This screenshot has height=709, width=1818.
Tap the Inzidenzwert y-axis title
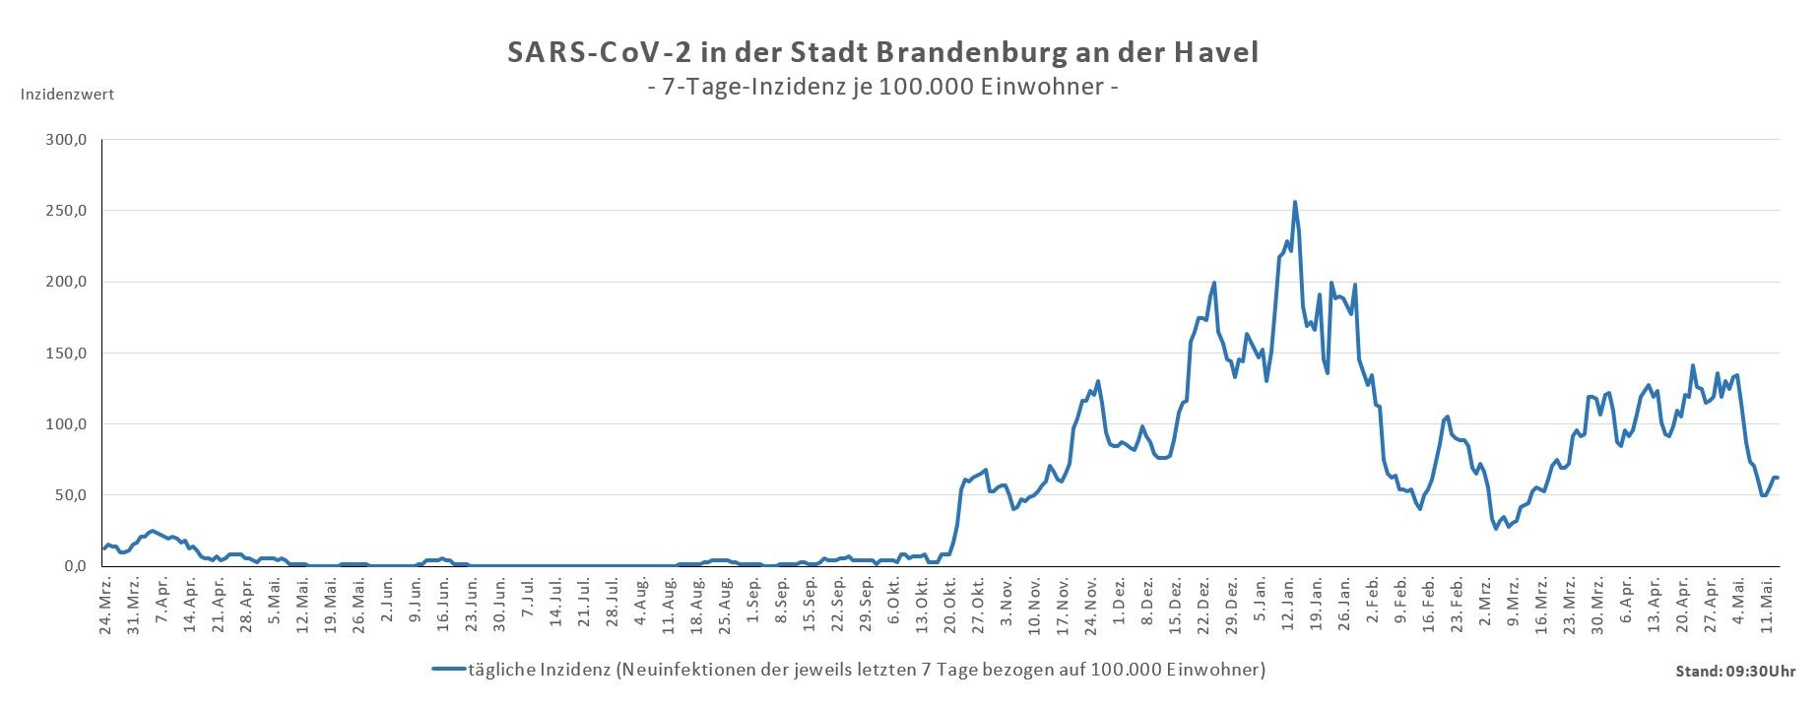(x=67, y=95)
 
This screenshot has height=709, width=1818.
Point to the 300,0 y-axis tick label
(x=67, y=140)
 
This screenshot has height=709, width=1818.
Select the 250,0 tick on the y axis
(x=67, y=211)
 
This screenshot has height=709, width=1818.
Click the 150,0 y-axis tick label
(x=67, y=353)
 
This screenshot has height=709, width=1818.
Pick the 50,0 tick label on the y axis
(x=70, y=494)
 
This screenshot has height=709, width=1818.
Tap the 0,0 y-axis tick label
(x=74, y=566)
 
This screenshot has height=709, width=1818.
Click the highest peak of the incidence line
(x=1294, y=203)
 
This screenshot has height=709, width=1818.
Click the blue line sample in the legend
(x=448, y=670)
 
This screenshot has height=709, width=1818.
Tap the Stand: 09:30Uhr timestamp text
(x=1734, y=672)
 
